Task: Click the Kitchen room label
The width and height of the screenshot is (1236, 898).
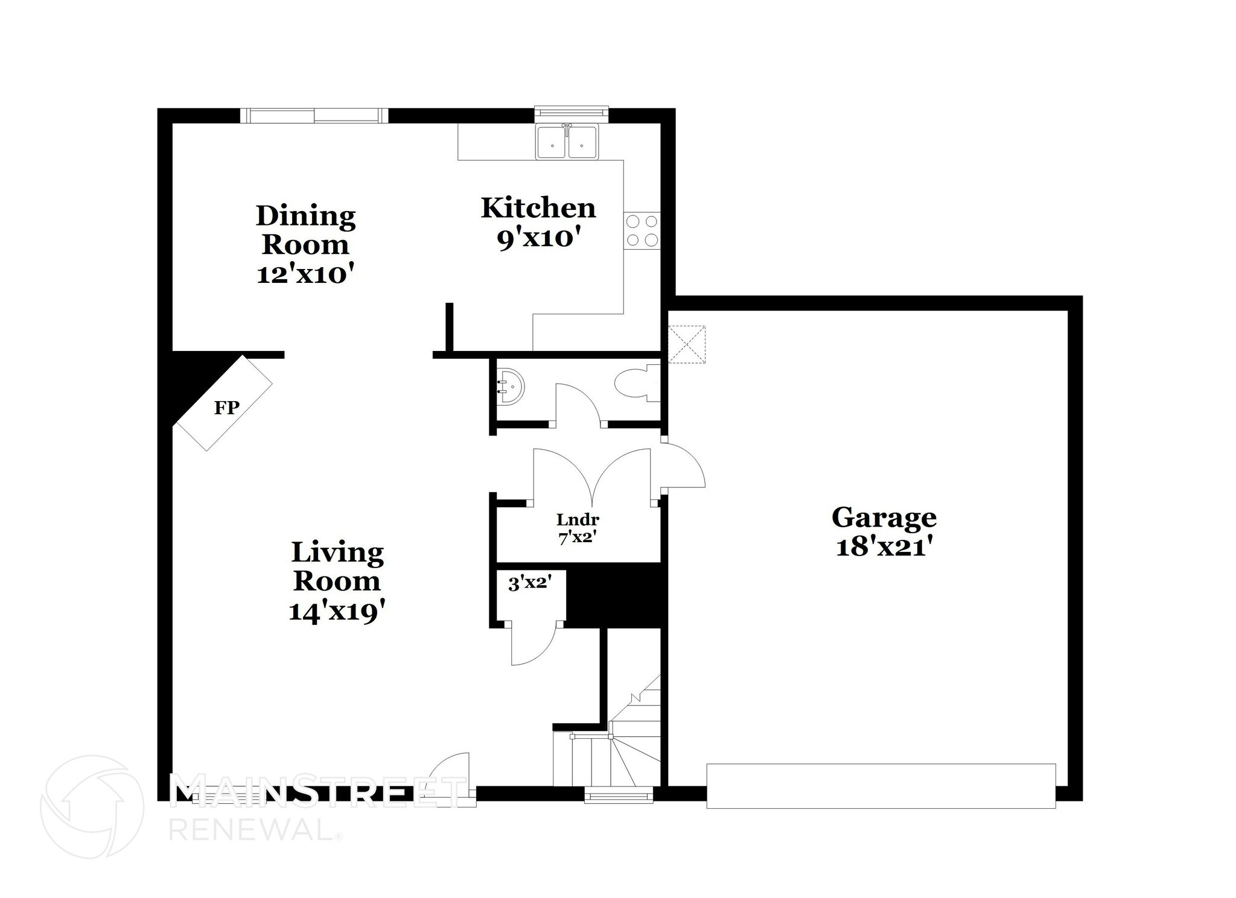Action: point(538,208)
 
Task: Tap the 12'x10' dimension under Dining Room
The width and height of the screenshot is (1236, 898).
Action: point(305,274)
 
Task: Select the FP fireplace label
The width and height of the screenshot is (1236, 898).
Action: point(227,408)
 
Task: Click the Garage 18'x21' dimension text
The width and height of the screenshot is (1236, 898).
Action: point(884,547)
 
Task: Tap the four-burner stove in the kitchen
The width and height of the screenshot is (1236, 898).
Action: point(642,230)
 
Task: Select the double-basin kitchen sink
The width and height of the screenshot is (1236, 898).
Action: point(567,144)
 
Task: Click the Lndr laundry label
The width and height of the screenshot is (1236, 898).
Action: point(578,519)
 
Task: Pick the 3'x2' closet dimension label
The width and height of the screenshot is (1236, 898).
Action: point(529,583)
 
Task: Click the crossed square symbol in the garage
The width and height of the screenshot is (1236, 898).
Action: point(687,344)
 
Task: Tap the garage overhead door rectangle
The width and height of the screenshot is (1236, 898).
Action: point(881,786)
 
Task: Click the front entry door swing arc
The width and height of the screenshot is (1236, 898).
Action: point(451,772)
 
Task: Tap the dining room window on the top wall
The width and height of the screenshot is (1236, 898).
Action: point(314,115)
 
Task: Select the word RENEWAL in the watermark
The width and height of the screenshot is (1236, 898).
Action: point(250,830)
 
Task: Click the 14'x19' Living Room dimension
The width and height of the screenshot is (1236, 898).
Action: point(337,612)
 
